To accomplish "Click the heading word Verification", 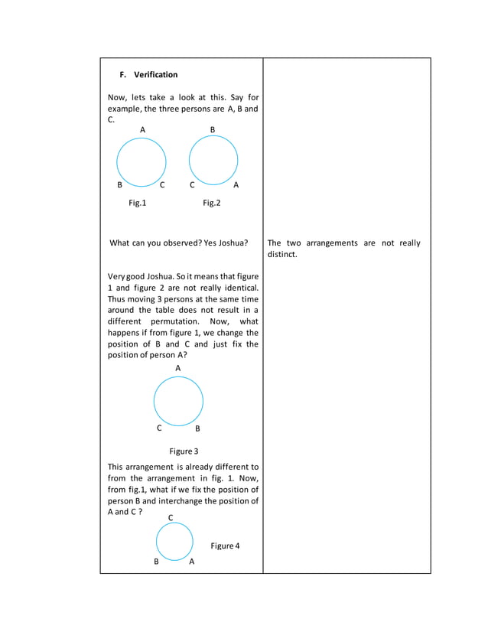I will (155, 75).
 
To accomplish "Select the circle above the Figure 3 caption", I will (178, 401).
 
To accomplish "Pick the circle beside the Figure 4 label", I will (175, 541).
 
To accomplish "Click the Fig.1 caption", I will (137, 204).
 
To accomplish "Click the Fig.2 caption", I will (211, 204).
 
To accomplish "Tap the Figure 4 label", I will (225, 546).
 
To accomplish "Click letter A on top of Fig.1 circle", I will (142, 130).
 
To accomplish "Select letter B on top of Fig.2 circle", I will (213, 130).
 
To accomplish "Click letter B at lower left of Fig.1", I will (119, 185).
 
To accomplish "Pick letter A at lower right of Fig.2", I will (236, 185).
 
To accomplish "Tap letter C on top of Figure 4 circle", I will (171, 518).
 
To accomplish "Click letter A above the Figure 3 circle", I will (178, 368).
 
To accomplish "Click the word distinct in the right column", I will (281, 254).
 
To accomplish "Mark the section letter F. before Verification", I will (123, 75).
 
